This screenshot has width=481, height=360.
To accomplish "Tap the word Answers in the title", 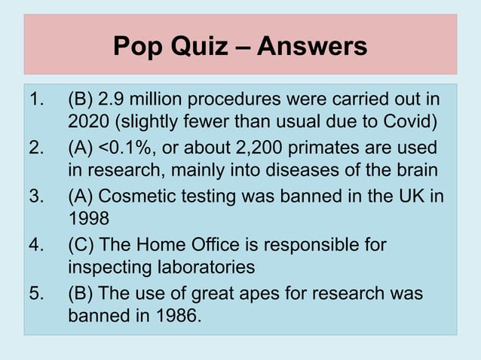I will tap(312, 47).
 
